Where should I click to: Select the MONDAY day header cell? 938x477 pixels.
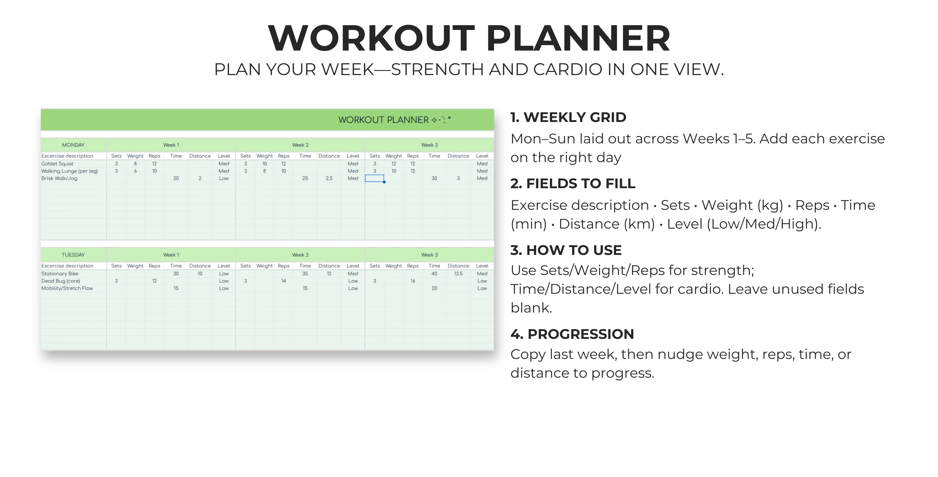tap(73, 145)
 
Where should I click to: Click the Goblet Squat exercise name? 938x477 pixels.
tap(57, 164)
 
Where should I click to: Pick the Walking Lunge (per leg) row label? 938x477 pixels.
tap(70, 171)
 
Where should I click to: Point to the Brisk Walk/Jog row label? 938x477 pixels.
tap(59, 179)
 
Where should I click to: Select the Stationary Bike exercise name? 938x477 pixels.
tap(60, 274)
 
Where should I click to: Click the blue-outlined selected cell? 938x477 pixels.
tap(374, 178)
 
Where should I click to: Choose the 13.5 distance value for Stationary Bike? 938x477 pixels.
tap(458, 274)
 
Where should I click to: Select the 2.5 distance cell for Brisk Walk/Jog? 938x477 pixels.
tap(329, 179)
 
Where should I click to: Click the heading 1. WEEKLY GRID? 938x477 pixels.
tap(568, 117)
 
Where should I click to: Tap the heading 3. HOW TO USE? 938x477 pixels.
tap(566, 250)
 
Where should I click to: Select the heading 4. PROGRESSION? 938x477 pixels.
tap(572, 334)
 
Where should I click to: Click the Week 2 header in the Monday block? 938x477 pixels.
tap(300, 145)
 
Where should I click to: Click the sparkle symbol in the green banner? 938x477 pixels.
tap(434, 120)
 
